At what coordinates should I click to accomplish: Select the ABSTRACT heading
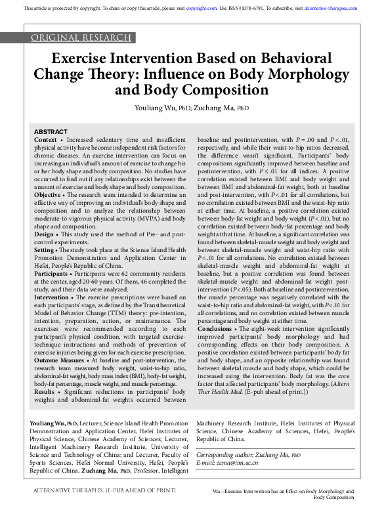[x=51, y=132]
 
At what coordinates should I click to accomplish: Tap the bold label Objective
[x=48, y=194]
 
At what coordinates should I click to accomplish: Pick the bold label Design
[x=44, y=233]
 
